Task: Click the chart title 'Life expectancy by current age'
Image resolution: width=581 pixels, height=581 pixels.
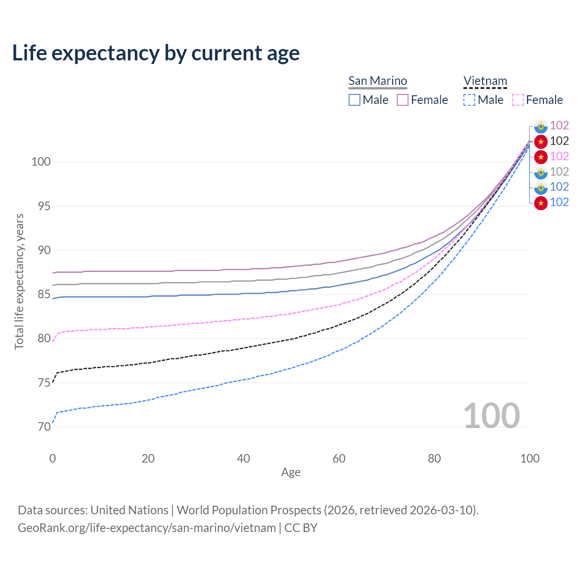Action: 156,53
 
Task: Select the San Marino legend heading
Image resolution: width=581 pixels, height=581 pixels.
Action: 378,81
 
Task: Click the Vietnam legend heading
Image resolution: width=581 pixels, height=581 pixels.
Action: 485,81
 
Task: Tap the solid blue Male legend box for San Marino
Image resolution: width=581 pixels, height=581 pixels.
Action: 355,100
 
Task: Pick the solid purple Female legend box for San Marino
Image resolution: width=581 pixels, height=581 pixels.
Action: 403,100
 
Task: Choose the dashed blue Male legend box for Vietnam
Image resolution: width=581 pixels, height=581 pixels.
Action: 469,100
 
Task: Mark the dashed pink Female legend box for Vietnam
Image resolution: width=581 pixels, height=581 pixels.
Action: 518,100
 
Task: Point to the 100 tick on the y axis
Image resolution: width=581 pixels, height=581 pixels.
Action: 41,162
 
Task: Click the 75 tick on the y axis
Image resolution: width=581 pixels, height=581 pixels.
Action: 44,383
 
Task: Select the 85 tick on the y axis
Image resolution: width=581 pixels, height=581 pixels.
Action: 44,294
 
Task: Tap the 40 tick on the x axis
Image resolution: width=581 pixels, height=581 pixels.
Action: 244,458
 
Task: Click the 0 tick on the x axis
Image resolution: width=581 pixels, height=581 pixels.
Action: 53,458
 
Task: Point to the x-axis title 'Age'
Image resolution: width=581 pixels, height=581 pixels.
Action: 290,472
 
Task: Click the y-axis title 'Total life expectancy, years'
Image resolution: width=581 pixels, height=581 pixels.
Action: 19,281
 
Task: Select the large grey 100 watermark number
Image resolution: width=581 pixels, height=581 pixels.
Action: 492,415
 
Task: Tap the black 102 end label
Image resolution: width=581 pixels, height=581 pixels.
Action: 559,141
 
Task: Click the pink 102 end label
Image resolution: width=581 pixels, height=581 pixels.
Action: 559,156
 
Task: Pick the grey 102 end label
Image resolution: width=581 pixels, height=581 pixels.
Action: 559,172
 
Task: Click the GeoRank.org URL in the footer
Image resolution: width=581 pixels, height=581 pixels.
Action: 147,528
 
